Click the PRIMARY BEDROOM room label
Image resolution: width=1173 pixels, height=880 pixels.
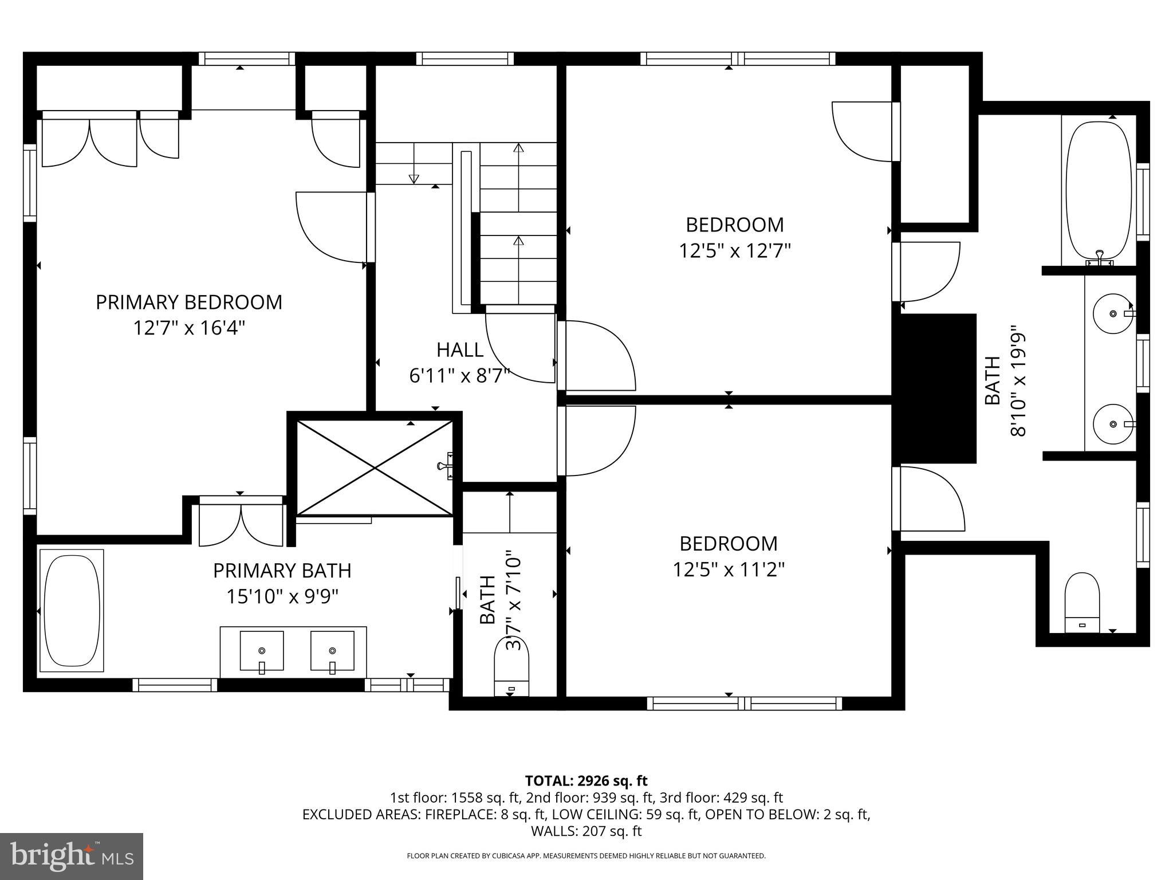coord(188,302)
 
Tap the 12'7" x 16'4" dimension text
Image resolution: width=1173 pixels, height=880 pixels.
coord(189,328)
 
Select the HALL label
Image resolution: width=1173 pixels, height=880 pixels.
coord(459,349)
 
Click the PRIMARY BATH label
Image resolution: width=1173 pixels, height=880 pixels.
coord(282,571)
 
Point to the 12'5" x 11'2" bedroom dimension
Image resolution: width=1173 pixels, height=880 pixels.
coord(728,570)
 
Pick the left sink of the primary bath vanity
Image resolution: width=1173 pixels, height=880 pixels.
coord(262,651)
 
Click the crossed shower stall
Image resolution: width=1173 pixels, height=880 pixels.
coord(375,468)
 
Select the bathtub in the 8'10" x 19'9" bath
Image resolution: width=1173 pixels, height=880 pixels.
coord(1100,191)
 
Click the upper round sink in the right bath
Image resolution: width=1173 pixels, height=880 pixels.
coord(1112,313)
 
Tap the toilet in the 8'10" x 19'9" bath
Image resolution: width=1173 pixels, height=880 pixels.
coord(1082,603)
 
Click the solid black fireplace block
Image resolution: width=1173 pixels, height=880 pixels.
coord(935,388)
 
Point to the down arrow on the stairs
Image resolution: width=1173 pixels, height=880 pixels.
coord(414,178)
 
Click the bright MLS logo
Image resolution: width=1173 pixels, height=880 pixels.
coord(72,856)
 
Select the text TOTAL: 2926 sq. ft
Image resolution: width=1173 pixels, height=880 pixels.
coord(586,780)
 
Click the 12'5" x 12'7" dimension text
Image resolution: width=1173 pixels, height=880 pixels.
coord(735,251)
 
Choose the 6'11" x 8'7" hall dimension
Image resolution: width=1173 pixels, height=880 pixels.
coord(459,376)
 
